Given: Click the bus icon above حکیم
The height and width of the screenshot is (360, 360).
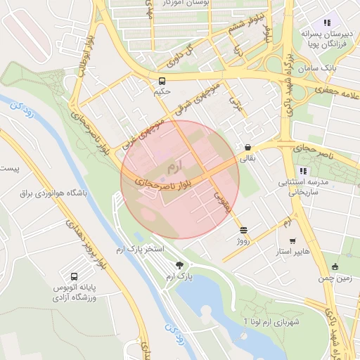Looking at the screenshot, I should [162, 80].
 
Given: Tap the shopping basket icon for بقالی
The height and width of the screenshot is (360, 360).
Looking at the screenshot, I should [247, 148].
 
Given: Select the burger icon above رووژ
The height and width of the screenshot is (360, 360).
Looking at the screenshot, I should [243, 229].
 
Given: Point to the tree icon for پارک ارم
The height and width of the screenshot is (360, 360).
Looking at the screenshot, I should [180, 265].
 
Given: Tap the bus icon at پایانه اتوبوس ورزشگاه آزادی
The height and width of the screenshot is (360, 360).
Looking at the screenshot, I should [75, 276].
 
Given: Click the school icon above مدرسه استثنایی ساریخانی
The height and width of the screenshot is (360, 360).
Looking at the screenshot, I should [303, 171].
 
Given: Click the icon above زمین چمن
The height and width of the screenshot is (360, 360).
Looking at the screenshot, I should [335, 266].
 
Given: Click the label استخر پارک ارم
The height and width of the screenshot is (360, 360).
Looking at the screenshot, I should [139, 250].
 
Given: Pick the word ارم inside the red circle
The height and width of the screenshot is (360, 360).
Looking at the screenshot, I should [174, 168].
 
